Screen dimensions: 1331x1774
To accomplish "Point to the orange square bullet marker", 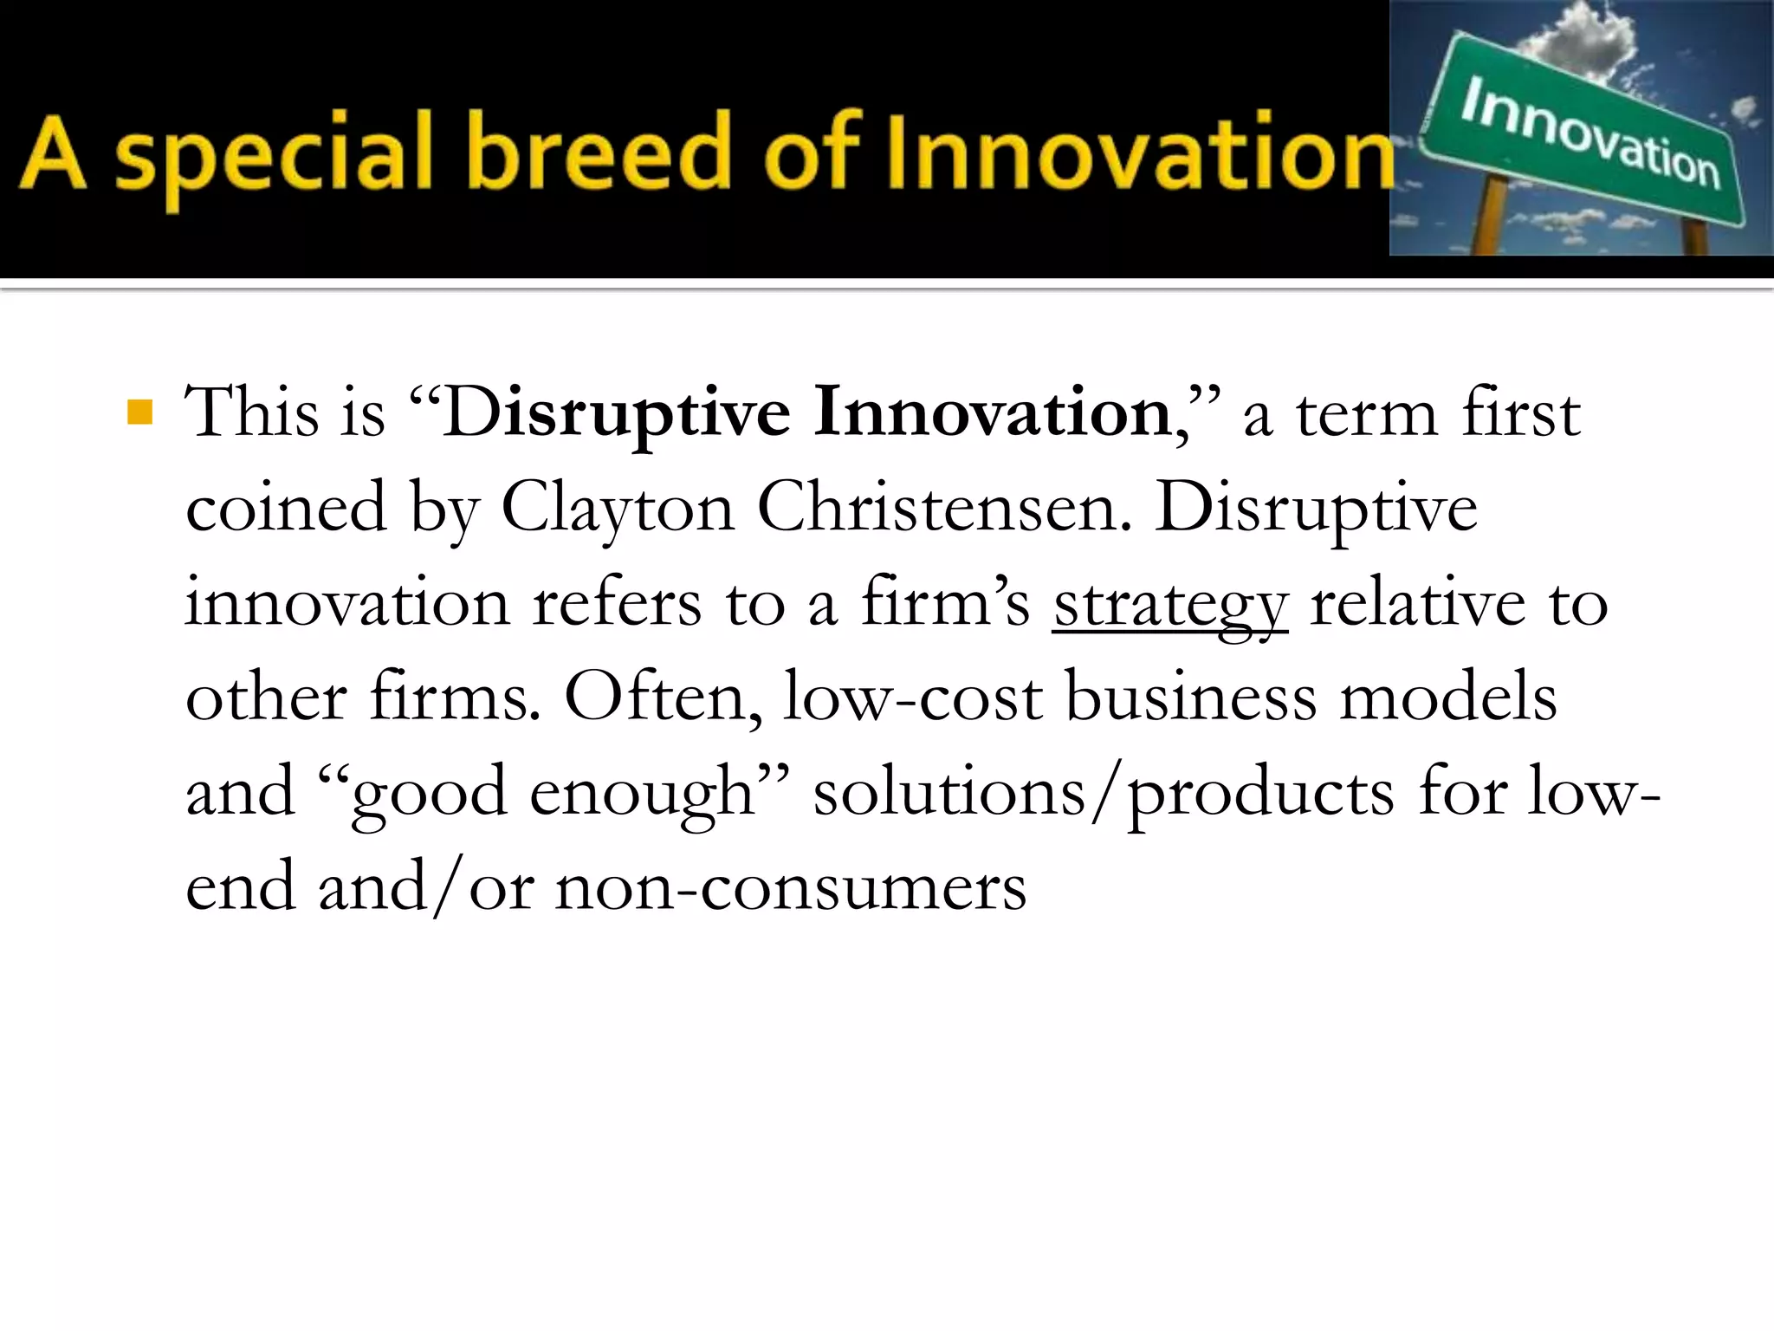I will point(139,412).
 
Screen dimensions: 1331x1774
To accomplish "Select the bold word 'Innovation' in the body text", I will point(993,412).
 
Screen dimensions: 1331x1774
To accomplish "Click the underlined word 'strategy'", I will point(1170,605).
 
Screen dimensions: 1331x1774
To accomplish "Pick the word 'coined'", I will point(286,508).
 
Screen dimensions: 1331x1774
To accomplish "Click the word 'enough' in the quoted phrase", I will point(641,792).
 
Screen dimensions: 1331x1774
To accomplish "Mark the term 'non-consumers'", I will point(790,887).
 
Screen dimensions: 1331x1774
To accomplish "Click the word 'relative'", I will point(1417,603).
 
